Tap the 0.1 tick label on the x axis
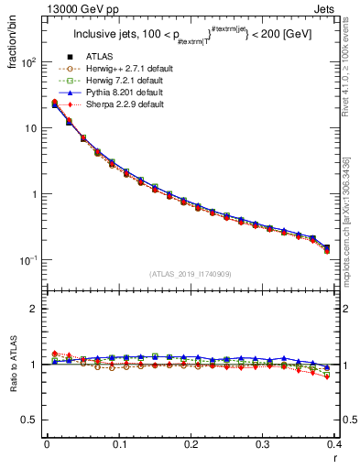(x=118, y=445)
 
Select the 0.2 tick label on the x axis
(x=191, y=445)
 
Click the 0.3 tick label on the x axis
(x=263, y=445)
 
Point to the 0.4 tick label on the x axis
(x=335, y=445)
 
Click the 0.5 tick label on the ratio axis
(x=30, y=420)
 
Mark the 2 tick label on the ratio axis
(x=35, y=309)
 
